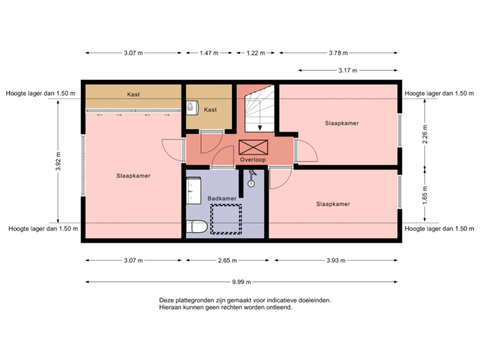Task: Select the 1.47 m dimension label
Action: [209, 53]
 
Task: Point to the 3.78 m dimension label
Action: [339, 53]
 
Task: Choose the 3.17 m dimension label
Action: [348, 70]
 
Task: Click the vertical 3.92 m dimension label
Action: [58, 160]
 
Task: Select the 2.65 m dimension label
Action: [226, 261]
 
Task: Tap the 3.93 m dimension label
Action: [335, 261]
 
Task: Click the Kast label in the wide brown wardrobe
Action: [133, 95]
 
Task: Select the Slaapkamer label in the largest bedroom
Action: [133, 176]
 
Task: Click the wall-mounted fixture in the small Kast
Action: [191, 107]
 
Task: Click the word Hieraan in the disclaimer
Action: [170, 308]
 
